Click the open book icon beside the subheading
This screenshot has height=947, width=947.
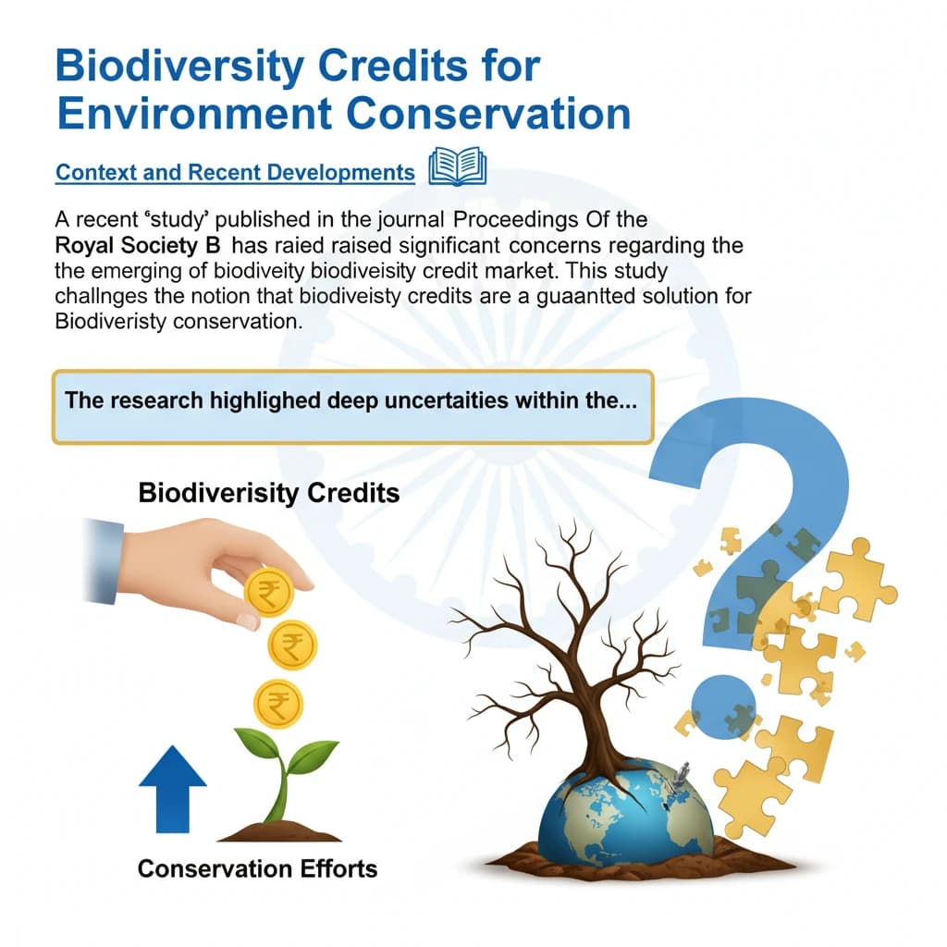458,170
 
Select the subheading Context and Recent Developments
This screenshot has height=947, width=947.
235,173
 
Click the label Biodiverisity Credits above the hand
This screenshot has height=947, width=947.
268,492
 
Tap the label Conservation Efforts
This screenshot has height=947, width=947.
257,868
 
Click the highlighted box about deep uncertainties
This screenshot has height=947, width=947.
352,407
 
